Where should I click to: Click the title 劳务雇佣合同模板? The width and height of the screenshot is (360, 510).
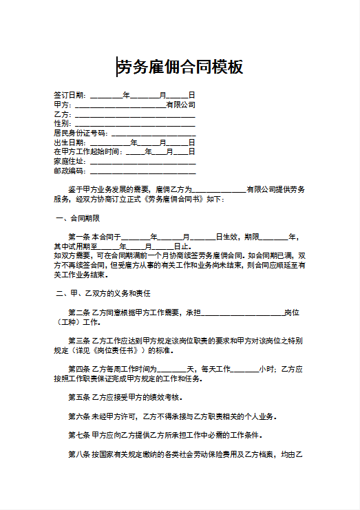pos(180,67)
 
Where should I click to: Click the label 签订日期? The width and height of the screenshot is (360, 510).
pos(69,95)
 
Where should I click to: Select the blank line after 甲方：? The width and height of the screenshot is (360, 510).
pos(120,105)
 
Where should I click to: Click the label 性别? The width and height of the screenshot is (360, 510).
pos(61,123)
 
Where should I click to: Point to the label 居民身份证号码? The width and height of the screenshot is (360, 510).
pos(80,133)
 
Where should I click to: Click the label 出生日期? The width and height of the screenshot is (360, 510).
pos(69,142)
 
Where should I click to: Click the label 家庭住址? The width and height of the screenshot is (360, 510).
pos(69,161)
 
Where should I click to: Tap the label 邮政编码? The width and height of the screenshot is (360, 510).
pos(69,171)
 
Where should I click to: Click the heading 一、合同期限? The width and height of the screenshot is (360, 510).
pos(77,218)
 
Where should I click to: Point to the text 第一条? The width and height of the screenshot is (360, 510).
pos(78,237)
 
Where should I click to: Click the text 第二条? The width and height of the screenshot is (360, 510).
pos(78,312)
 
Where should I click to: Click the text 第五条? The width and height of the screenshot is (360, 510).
pos(78,397)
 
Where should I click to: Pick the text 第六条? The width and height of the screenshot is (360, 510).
pos(78,416)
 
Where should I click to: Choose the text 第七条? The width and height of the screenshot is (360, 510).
pos(78,435)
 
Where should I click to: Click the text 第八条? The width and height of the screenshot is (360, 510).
pos(78,454)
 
